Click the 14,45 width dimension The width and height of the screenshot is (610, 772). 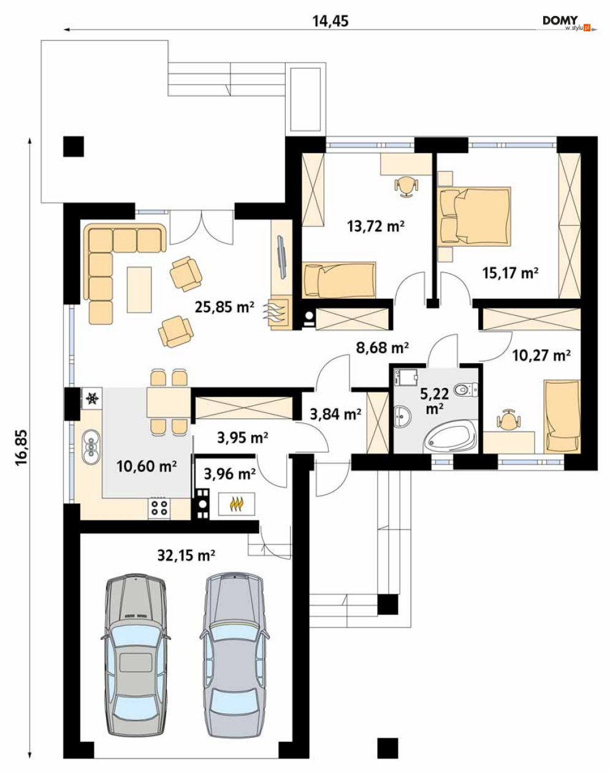click(330, 21)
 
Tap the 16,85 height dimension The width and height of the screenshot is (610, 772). click(22, 447)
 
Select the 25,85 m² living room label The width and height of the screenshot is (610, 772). click(224, 307)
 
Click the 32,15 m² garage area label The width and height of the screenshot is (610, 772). click(186, 555)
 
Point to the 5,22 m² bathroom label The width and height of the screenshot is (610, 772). click(435, 400)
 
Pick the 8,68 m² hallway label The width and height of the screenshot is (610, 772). click(382, 347)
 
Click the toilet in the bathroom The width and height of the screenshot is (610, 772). click(466, 389)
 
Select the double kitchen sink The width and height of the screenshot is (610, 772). click(91, 447)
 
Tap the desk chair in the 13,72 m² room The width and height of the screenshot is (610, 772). click(406, 186)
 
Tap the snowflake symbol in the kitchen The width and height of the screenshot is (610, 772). click(93, 397)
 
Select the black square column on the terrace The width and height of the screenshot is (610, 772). click(74, 146)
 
